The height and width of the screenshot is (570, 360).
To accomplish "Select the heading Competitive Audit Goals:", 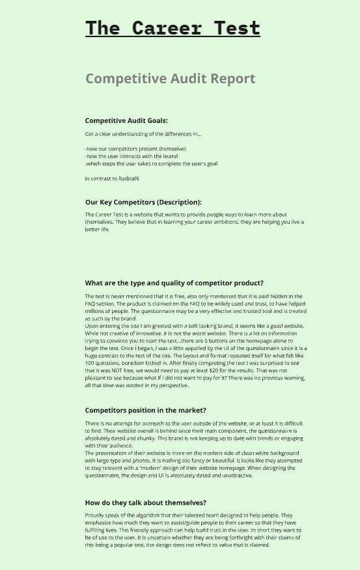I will tap(126, 120).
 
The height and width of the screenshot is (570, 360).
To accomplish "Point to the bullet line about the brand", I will tap(131, 156).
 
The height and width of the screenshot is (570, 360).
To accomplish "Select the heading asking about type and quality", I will tap(174, 283).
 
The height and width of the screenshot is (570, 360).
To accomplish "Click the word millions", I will tap(97, 311).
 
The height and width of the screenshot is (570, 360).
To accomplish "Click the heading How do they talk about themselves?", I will tap(145, 502).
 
